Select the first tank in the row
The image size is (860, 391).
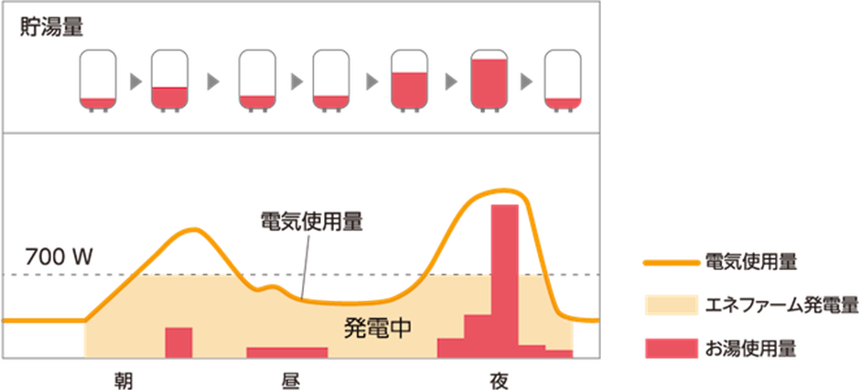pyautogui.click(x=98, y=81)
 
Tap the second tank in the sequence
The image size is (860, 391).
pyautogui.click(x=168, y=81)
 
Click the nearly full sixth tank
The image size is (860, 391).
pyautogui.click(x=489, y=81)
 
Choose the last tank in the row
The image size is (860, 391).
pyautogui.click(x=562, y=81)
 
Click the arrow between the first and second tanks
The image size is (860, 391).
pyautogui.click(x=134, y=81)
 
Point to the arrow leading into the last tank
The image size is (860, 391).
pyautogui.click(x=526, y=81)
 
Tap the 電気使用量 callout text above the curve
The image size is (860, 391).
pyautogui.click(x=311, y=223)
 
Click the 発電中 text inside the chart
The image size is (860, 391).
pyautogui.click(x=377, y=328)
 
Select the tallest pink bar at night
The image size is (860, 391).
pyautogui.click(x=504, y=275)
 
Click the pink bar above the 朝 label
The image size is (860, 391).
pyautogui.click(x=178, y=342)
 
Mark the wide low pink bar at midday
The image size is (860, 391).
pyautogui.click(x=286, y=353)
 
